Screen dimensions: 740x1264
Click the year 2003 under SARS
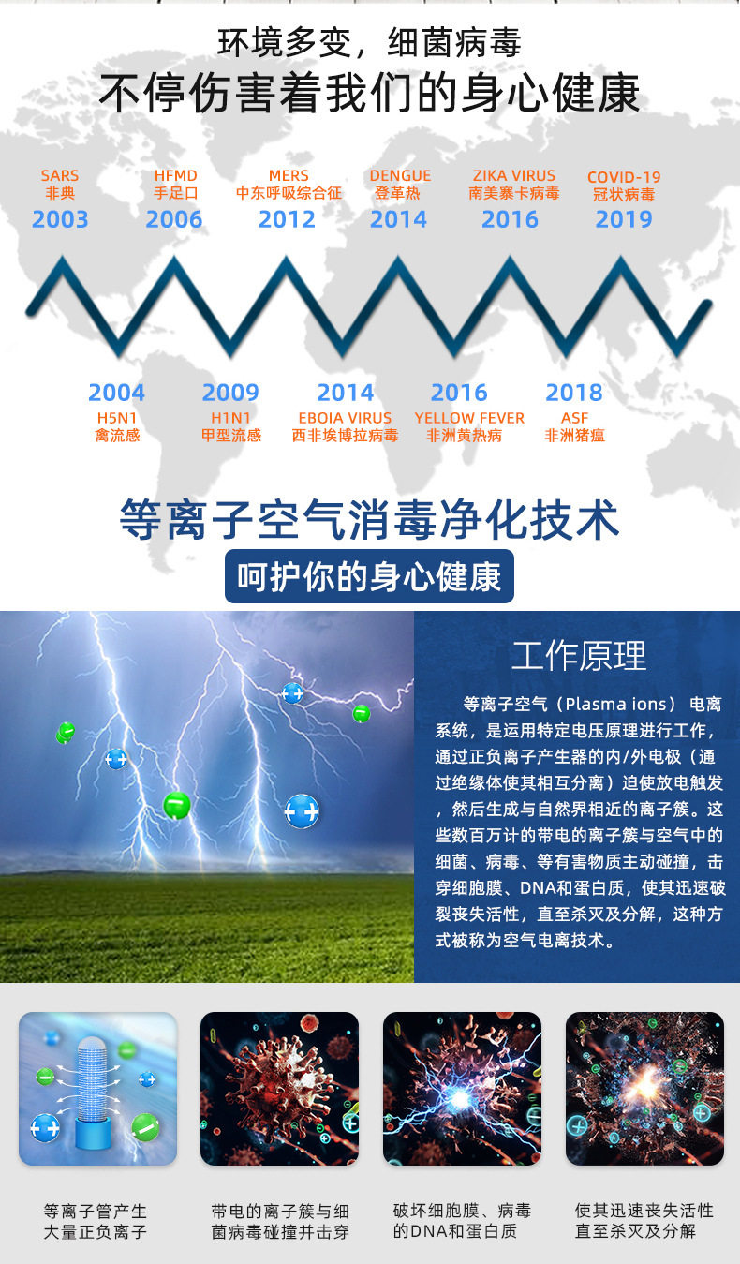[x=60, y=219]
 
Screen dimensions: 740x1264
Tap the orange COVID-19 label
[x=624, y=177]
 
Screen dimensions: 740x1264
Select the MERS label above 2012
[x=289, y=175]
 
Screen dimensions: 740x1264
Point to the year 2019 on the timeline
[x=624, y=219]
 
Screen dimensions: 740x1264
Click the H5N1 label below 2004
[x=117, y=418]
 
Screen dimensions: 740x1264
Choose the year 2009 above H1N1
[x=230, y=393]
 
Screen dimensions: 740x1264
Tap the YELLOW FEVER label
[x=469, y=418]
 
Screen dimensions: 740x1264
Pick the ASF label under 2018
[x=574, y=418]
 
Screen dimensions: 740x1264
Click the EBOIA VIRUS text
[x=345, y=418]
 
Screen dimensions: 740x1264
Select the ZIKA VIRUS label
[x=514, y=175]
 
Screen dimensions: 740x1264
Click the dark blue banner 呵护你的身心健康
[x=369, y=576]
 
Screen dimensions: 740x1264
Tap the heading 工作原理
[x=579, y=656]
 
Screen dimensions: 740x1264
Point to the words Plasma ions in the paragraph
[x=615, y=705]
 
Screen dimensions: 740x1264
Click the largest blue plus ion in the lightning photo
[x=302, y=811]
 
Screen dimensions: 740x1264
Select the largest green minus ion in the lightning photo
[x=176, y=805]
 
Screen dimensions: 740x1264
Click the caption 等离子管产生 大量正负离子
[x=95, y=1221]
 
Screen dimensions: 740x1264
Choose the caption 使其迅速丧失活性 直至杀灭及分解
[x=644, y=1221]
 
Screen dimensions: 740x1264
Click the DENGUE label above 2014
[x=400, y=175]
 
